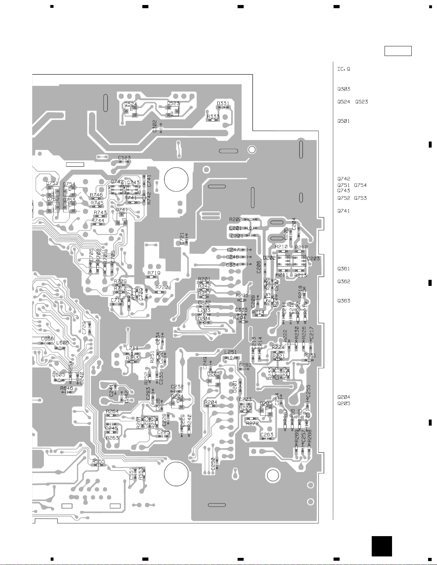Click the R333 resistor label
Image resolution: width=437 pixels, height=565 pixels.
pos(213,116)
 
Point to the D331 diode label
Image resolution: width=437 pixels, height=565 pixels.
pos(223,103)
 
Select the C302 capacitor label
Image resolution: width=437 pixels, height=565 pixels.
pos(154,126)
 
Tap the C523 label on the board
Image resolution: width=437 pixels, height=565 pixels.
pos(124,158)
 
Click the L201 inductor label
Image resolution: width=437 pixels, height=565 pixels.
pos(235,228)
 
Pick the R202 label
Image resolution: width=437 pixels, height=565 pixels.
pos(235,219)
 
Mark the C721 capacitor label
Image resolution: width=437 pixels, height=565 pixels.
pos(182,238)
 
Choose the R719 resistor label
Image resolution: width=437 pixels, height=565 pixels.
pos(154,273)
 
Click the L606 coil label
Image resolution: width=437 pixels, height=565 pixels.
pos(62,343)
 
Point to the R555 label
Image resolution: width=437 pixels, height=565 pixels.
pos(99,461)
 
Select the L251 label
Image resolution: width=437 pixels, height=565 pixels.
pos(230,352)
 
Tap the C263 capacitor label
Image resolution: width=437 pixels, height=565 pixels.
pos(266,435)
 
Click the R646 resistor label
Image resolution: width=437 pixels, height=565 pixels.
pos(66,388)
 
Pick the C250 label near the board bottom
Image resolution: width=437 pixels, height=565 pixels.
pos(213,464)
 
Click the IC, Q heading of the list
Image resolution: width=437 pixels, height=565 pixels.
pos(344,69)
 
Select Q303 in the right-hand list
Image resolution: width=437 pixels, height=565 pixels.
pos(344,89)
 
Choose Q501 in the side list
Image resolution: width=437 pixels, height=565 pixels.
pos(344,121)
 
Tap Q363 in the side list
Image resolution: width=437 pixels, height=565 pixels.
pos(344,301)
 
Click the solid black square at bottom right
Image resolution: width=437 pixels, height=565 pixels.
pos(381,546)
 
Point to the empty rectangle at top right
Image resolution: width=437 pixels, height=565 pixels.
pos(398,51)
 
